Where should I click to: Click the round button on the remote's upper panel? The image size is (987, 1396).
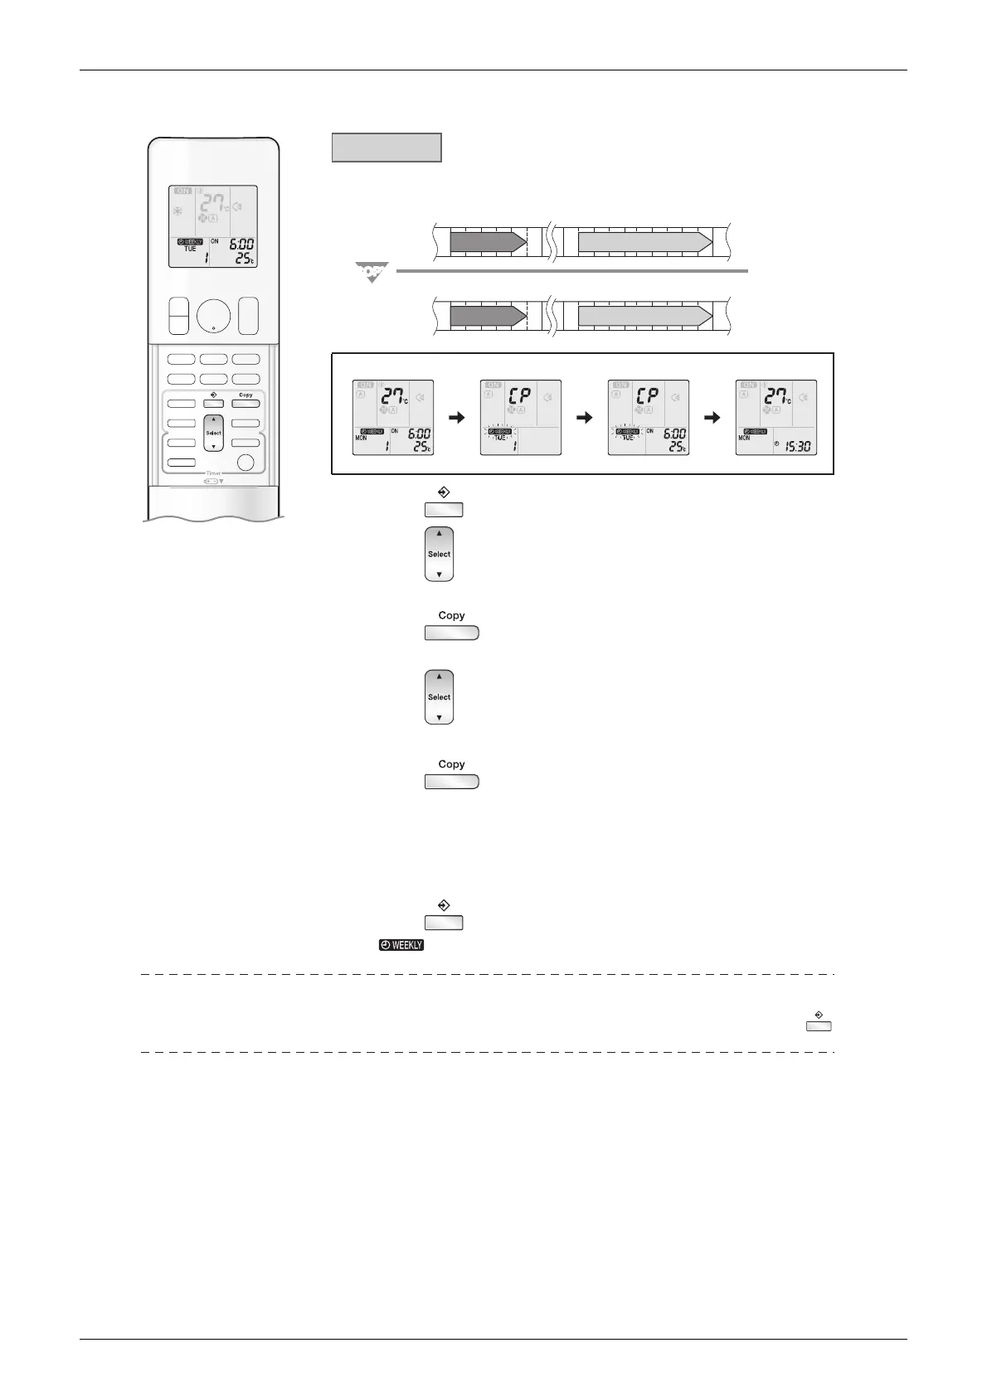point(214,316)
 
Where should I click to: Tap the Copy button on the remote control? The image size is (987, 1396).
point(246,404)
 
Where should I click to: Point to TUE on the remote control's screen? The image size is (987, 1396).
point(190,249)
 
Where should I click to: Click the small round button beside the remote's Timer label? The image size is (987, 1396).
point(245,463)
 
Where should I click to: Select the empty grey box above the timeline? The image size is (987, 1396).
point(387,148)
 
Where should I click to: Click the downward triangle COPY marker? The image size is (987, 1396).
point(372,271)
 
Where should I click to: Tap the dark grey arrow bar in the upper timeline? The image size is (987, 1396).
point(488,242)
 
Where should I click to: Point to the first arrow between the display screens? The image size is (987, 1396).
point(458,418)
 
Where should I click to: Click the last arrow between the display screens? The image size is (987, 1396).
point(712,418)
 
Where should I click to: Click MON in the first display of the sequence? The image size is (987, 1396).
point(361,438)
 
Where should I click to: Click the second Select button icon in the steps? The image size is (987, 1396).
point(440,697)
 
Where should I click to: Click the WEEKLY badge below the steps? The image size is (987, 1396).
point(401,945)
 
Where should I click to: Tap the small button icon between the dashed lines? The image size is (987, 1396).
point(819,1026)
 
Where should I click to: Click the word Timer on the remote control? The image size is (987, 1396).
point(214,473)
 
